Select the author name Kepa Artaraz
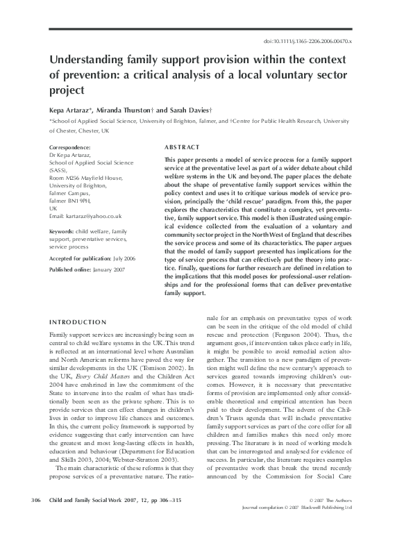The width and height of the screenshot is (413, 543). click(x=71, y=110)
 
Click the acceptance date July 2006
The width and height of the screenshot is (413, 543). click(x=125, y=257)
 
